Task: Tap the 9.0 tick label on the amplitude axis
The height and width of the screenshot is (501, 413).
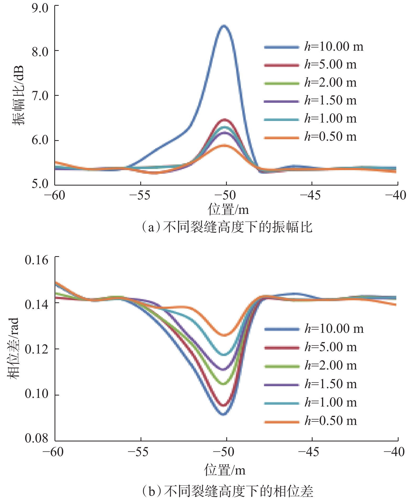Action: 40,8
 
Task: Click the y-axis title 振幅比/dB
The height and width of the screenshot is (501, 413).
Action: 18,95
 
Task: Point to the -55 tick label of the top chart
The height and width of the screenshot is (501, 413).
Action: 140,196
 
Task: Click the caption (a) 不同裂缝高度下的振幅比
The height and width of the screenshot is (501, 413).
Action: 227,227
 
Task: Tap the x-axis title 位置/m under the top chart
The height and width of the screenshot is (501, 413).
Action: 228,210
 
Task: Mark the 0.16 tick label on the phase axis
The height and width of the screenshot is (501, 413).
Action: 37,260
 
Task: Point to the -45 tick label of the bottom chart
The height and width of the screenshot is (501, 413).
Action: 309,452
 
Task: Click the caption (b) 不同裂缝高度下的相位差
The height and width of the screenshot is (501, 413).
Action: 227,491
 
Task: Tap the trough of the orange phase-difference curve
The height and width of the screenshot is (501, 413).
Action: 224,335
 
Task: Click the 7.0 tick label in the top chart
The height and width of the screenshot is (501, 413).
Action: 40,96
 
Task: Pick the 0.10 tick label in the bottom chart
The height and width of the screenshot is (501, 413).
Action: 37,394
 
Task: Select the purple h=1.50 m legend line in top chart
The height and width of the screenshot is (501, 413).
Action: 282,101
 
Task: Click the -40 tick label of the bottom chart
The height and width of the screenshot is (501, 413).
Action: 394,452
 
